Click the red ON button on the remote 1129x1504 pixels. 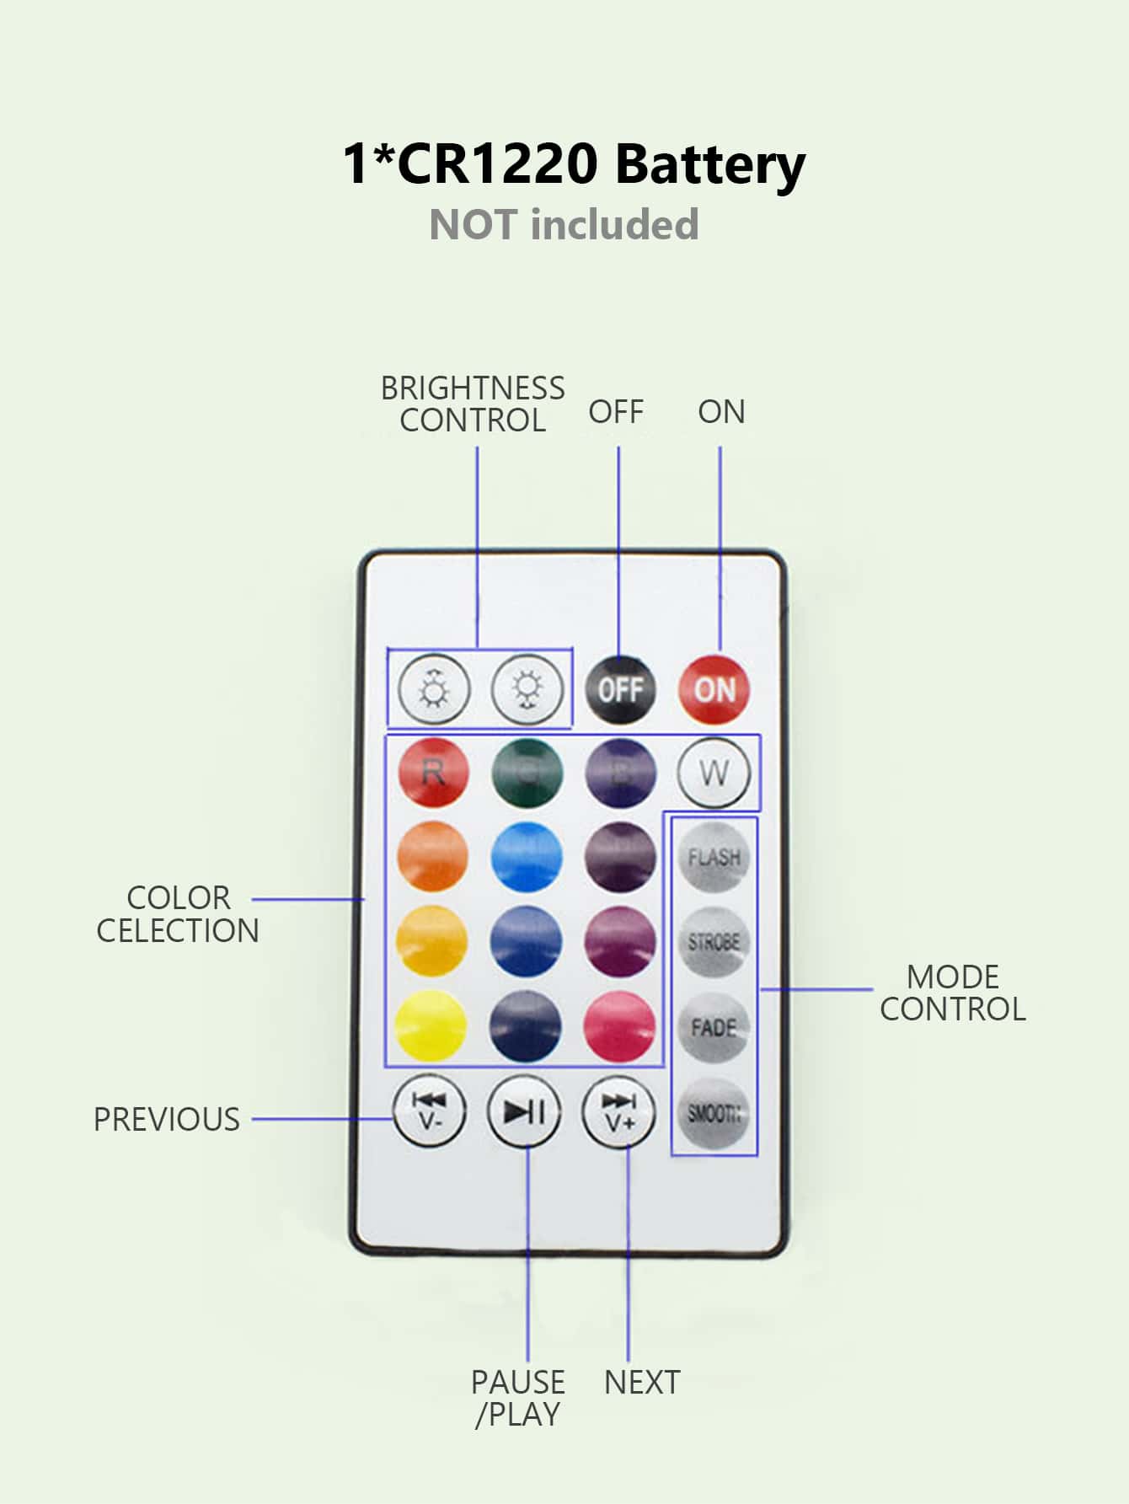tap(714, 689)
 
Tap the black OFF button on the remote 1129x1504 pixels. tap(620, 689)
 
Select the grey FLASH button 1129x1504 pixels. tap(714, 858)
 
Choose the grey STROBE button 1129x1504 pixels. tap(714, 942)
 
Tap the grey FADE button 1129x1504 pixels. tap(714, 1027)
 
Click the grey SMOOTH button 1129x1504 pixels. tap(714, 1113)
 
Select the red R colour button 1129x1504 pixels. tap(433, 773)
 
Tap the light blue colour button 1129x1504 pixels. tap(527, 857)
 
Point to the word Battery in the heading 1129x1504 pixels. tap(709, 164)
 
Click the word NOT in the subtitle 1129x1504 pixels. tap(473, 225)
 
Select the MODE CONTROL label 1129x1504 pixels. tap(953, 993)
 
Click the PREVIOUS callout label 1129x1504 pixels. tap(167, 1119)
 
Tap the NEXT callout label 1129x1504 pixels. tap(642, 1383)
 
